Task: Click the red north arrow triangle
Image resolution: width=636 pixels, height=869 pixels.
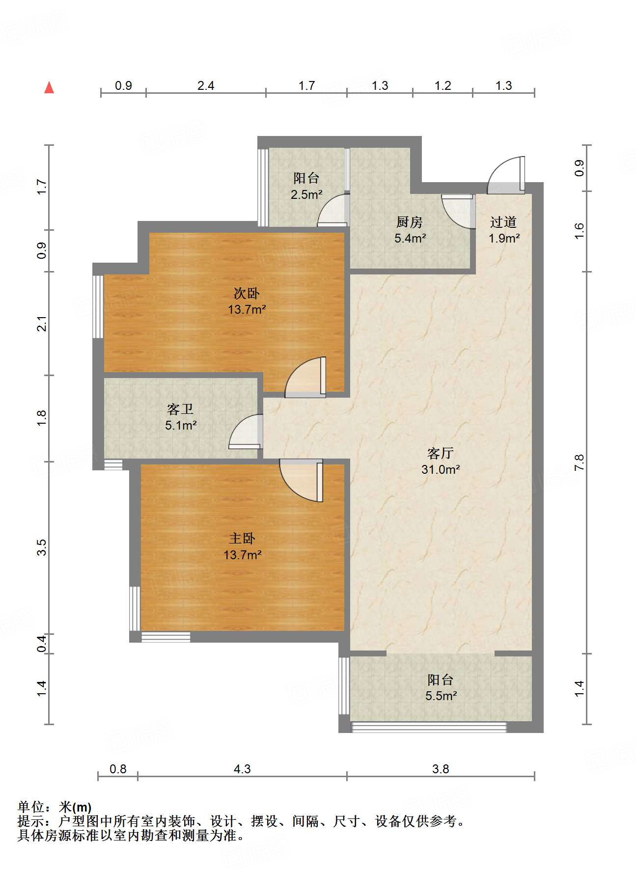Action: [49, 87]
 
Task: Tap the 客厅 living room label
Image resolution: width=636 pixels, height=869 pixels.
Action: [441, 453]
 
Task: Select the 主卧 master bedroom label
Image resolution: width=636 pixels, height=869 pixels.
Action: [242, 539]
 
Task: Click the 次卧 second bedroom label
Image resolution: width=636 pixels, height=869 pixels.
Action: [247, 294]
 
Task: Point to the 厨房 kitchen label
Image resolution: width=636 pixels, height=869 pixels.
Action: [410, 222]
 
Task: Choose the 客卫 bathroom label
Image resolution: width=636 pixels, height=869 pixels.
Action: [180, 409]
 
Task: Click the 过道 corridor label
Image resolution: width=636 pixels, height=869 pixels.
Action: [503, 222]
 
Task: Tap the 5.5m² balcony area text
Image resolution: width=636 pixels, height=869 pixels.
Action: [441, 696]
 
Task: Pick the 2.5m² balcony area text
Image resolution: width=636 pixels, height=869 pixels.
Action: [306, 194]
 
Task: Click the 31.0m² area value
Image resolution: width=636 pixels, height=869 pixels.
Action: [441, 469]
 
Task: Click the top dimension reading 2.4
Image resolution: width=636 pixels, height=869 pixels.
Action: [206, 86]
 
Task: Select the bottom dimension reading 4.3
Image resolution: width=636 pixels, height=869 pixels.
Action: [242, 769]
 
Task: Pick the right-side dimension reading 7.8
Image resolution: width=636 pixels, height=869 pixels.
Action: [580, 462]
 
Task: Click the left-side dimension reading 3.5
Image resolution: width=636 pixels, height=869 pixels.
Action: [42, 547]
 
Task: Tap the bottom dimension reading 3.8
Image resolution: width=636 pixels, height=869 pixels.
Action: [441, 769]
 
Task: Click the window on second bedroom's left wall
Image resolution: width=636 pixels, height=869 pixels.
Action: [98, 306]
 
